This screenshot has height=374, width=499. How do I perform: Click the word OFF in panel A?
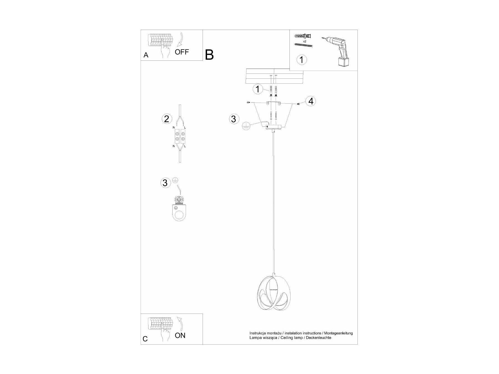click(182, 52)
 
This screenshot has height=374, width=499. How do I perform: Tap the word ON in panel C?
click(180, 335)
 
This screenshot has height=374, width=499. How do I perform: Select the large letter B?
click(209, 55)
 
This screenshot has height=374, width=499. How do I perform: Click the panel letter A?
click(146, 55)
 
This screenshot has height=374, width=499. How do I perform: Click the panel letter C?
click(145, 339)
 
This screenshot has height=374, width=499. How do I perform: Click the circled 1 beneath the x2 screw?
click(302, 60)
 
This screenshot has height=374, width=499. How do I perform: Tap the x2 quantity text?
click(304, 41)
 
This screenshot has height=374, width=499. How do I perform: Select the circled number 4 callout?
click(311, 101)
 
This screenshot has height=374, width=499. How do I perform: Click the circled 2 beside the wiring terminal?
click(167, 119)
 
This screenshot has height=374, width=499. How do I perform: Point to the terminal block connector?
click(180, 136)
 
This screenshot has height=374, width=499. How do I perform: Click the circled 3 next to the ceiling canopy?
click(234, 119)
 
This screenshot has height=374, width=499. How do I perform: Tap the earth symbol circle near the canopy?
click(246, 126)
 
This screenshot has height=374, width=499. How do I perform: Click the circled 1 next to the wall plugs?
click(258, 89)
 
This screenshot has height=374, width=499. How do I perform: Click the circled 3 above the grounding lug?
click(165, 183)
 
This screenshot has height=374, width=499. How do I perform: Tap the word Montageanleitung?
click(338, 333)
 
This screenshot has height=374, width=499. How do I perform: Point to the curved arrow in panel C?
click(180, 323)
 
